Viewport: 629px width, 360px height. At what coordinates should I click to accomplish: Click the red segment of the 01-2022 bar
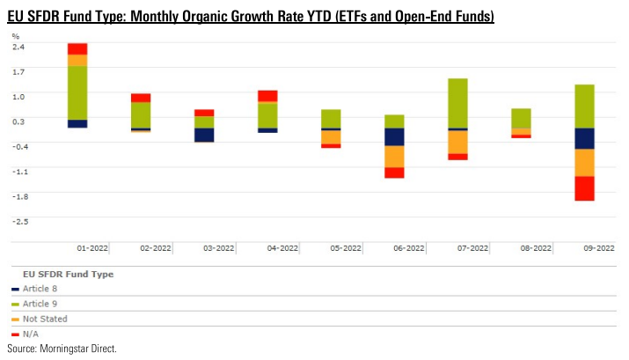pos(77,48)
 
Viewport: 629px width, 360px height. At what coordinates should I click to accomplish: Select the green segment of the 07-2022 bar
pos(457,103)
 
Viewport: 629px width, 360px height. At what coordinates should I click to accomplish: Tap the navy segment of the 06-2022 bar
pos(394,136)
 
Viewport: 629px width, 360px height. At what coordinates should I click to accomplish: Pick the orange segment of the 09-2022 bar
pos(584,162)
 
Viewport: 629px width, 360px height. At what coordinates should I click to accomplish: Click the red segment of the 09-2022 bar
pos(584,188)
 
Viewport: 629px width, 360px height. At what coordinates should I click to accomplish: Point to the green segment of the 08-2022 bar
pos(521,118)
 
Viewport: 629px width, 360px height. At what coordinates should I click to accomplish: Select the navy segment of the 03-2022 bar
pos(204,135)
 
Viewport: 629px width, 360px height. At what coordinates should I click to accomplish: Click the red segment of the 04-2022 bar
pos(267,96)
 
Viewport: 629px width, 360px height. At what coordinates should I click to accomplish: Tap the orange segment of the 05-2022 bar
pos(331,137)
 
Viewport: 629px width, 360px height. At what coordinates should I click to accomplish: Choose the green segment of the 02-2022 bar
pos(141,114)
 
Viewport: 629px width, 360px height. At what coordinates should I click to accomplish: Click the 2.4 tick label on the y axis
pos(18,47)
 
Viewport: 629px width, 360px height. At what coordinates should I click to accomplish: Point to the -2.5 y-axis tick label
pos(18,221)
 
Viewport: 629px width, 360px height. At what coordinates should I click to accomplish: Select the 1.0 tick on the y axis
pos(18,96)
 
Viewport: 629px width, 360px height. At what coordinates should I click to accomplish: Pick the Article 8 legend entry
pos(39,289)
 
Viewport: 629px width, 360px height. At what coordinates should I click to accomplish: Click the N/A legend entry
pos(30,334)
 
